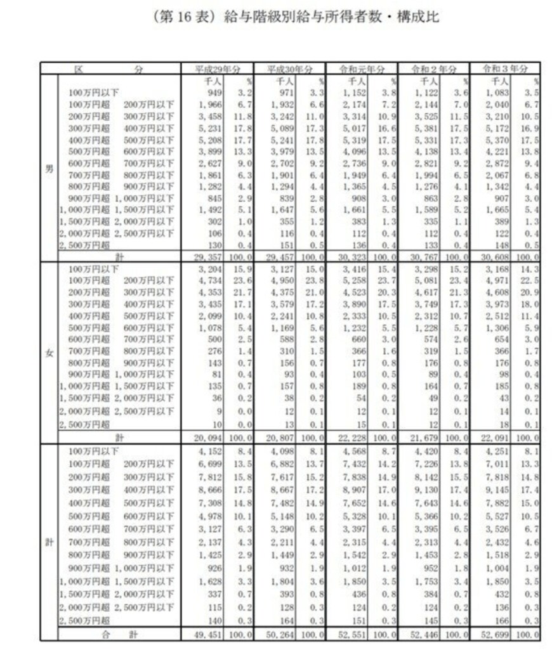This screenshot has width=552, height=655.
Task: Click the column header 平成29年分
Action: click(216, 69)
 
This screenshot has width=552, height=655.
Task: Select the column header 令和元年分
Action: click(360, 69)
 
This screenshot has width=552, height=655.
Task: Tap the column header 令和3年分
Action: click(504, 69)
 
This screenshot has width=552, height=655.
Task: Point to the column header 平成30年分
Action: click(288, 69)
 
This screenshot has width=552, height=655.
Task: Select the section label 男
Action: click(49, 169)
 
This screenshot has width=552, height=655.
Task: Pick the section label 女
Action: click(49, 353)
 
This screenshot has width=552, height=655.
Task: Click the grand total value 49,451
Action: click(207, 634)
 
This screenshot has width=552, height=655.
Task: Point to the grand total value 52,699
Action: click(496, 634)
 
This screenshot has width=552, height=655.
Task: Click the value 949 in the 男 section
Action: click(212, 93)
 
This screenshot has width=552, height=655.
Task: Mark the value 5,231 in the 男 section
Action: click(209, 128)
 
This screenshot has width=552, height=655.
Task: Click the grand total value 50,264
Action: click(279, 634)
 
